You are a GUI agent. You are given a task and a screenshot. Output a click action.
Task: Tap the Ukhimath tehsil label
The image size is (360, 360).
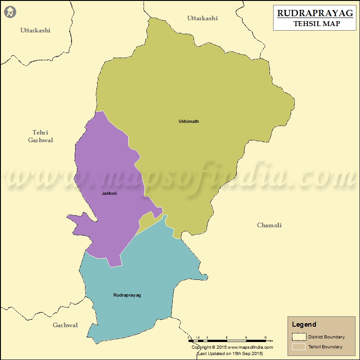click(x=189, y=121)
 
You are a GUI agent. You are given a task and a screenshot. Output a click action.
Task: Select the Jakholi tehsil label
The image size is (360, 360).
click(x=109, y=193)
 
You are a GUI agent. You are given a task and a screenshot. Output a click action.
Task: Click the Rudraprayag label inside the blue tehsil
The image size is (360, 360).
click(x=127, y=295)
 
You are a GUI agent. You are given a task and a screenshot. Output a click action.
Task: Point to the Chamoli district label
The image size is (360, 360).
click(x=269, y=225)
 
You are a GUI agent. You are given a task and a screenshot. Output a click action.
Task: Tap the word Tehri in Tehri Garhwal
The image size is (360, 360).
click(x=40, y=132)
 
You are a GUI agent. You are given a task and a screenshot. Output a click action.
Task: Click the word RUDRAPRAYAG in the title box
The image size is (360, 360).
click(x=315, y=13)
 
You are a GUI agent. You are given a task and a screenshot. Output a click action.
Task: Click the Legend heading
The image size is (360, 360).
click(x=304, y=324)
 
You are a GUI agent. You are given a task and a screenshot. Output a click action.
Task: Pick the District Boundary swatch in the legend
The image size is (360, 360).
click(x=298, y=337)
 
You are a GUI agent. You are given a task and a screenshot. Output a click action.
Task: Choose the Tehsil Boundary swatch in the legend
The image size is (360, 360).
click(x=298, y=347)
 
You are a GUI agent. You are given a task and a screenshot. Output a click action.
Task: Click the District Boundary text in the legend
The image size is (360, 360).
click(x=326, y=337)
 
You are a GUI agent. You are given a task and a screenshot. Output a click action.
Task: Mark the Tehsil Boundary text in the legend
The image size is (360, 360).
click(x=325, y=347)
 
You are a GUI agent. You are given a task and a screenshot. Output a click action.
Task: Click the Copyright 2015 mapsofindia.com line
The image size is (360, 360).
click(x=232, y=347)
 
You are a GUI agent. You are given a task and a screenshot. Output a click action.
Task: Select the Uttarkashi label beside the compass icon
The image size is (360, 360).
click(x=35, y=30)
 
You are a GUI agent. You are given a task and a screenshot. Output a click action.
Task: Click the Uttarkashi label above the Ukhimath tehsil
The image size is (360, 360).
click(x=202, y=18)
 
